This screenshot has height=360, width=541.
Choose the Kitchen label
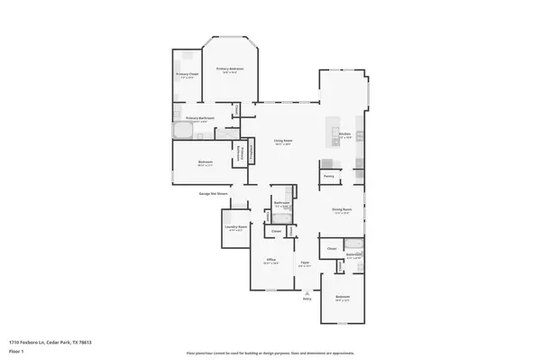344,134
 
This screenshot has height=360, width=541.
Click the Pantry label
329,176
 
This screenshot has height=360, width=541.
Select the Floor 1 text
16,350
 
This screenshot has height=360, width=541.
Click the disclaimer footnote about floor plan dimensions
270,352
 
